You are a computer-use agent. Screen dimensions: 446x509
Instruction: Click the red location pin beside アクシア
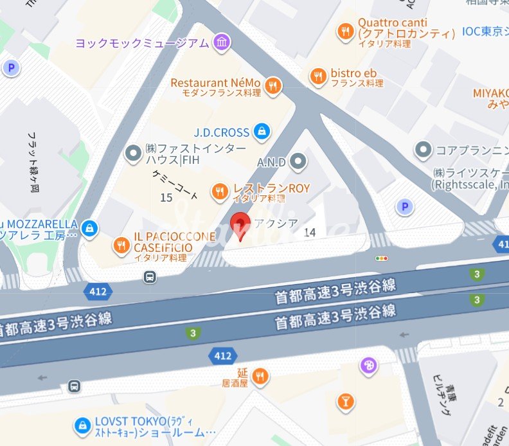(x=240, y=225)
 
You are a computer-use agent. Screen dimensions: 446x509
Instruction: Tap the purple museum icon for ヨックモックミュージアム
(x=222, y=43)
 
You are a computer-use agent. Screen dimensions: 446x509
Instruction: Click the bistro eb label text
(x=353, y=73)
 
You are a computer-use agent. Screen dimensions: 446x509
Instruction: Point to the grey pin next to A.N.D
(x=298, y=162)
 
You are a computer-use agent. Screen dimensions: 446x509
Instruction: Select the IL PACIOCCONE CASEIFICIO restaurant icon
(x=120, y=244)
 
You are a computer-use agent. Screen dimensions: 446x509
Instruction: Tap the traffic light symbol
(x=382, y=258)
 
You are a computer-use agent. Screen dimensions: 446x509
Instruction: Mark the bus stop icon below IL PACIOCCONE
(x=149, y=277)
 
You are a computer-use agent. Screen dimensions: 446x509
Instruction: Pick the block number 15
(x=166, y=198)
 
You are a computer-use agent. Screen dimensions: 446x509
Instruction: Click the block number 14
(x=310, y=232)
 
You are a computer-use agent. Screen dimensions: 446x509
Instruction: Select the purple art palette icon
(x=369, y=365)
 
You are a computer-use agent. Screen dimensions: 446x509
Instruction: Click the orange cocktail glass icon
(x=346, y=402)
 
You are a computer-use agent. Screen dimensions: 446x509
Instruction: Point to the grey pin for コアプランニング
(x=424, y=150)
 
